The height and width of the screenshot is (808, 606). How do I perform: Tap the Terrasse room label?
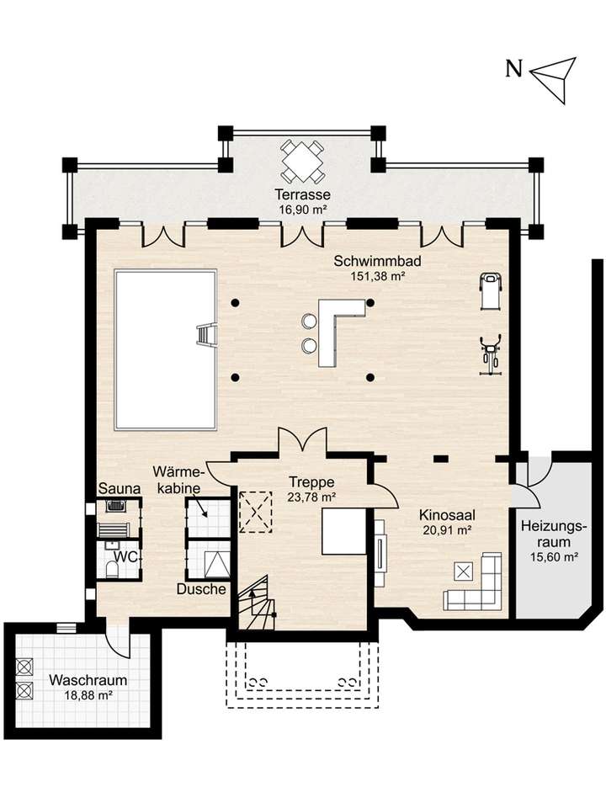point(302,194)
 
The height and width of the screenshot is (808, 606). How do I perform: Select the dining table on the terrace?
point(302,162)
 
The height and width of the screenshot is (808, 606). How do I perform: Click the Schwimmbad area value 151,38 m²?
point(377,276)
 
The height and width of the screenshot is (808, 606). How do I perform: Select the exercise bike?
point(490,355)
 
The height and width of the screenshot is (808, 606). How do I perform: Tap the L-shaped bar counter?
point(338,330)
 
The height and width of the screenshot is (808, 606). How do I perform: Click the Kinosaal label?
point(447,515)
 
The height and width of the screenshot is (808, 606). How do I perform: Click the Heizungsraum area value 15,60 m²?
point(554,557)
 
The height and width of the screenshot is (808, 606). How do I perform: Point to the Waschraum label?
point(88,680)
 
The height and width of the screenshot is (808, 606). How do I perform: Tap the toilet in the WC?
point(111,569)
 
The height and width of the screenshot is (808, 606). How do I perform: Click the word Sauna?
point(120,488)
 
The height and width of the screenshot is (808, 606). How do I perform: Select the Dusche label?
point(201,589)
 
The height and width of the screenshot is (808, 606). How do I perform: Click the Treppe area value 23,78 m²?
point(311,497)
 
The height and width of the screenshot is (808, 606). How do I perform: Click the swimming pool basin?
point(166,350)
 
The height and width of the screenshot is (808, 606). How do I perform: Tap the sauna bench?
point(113,529)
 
